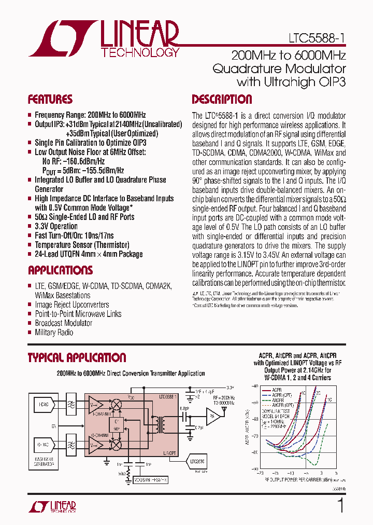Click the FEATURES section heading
pos(50,100)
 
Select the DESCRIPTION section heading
pos(222,100)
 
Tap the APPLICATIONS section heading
pos(60,270)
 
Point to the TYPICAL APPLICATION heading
pos(76,357)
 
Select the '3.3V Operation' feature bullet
pos(56,226)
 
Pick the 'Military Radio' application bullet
pos(54,332)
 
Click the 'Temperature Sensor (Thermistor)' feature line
pos(82,245)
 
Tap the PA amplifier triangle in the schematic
pos(212,414)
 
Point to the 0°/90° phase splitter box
pos(117,423)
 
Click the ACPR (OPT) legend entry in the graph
pos(279,395)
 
